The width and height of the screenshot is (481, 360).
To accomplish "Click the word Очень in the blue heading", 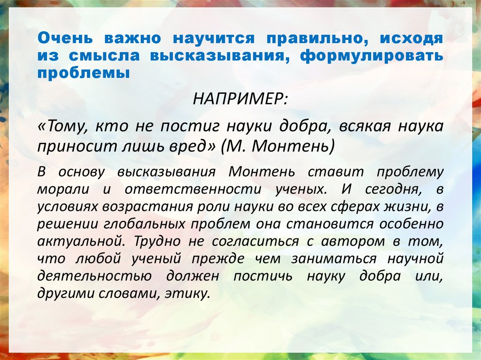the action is (x=65, y=38).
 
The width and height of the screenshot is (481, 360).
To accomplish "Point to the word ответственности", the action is (x=193, y=189).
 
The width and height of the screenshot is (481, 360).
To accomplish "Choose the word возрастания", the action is (x=147, y=207).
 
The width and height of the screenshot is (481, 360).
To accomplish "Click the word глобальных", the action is (x=145, y=224).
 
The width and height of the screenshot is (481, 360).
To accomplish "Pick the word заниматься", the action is (x=334, y=259).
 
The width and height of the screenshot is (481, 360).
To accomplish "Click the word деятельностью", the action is (x=94, y=276).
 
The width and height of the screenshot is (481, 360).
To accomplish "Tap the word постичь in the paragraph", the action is (x=263, y=276).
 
